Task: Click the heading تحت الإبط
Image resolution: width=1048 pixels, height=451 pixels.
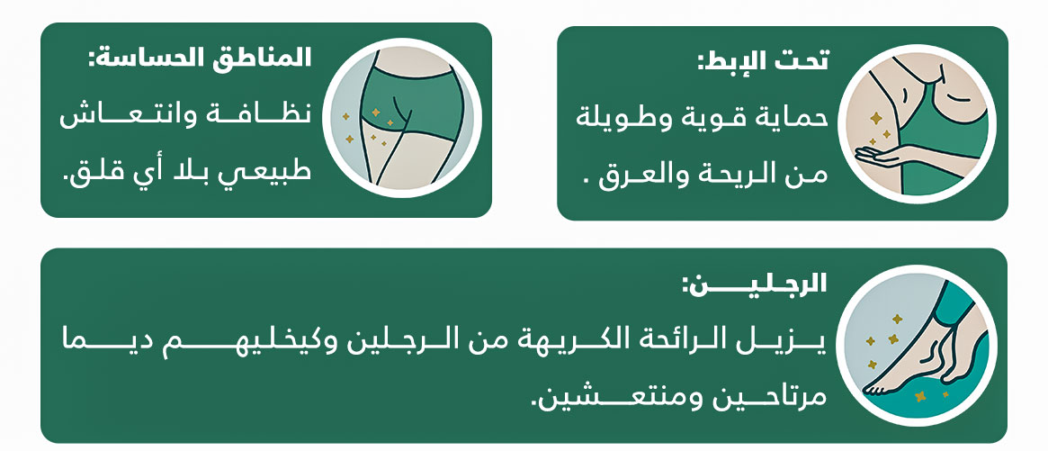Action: pos(764,60)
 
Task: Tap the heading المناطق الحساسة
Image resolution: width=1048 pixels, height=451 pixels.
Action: pos(200,58)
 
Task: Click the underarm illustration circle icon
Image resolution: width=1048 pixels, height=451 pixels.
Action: pos(917,124)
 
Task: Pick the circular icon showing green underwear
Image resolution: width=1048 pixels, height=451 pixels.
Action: pos(402,117)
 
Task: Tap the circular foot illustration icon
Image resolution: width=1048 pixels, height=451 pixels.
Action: pos(916,346)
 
